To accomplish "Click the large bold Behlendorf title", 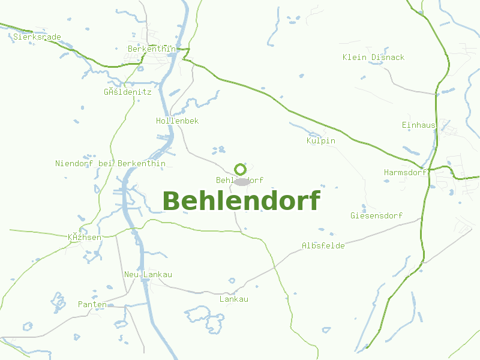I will pyautogui.click(x=241, y=201).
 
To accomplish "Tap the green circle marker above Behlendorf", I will pyautogui.click(x=240, y=169).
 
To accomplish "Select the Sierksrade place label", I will pyautogui.click(x=37, y=37).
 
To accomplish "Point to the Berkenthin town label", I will pyautogui.click(x=151, y=49).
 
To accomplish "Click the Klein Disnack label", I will pyautogui.click(x=373, y=58).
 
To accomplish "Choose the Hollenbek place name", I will pyautogui.click(x=177, y=121).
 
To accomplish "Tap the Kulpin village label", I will pyautogui.click(x=320, y=141).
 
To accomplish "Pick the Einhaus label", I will pyautogui.click(x=418, y=125).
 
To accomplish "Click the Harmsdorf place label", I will pyautogui.click(x=406, y=173).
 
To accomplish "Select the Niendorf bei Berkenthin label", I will pyautogui.click(x=110, y=164).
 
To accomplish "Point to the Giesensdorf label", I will pyautogui.click(x=376, y=215).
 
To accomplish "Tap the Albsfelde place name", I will pyautogui.click(x=323, y=246).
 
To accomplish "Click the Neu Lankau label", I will pyautogui.click(x=148, y=275).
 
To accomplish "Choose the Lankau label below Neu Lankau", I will pyautogui.click(x=234, y=299).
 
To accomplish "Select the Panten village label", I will pyautogui.click(x=92, y=305).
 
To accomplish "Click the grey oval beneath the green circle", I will pyautogui.click(x=241, y=182).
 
